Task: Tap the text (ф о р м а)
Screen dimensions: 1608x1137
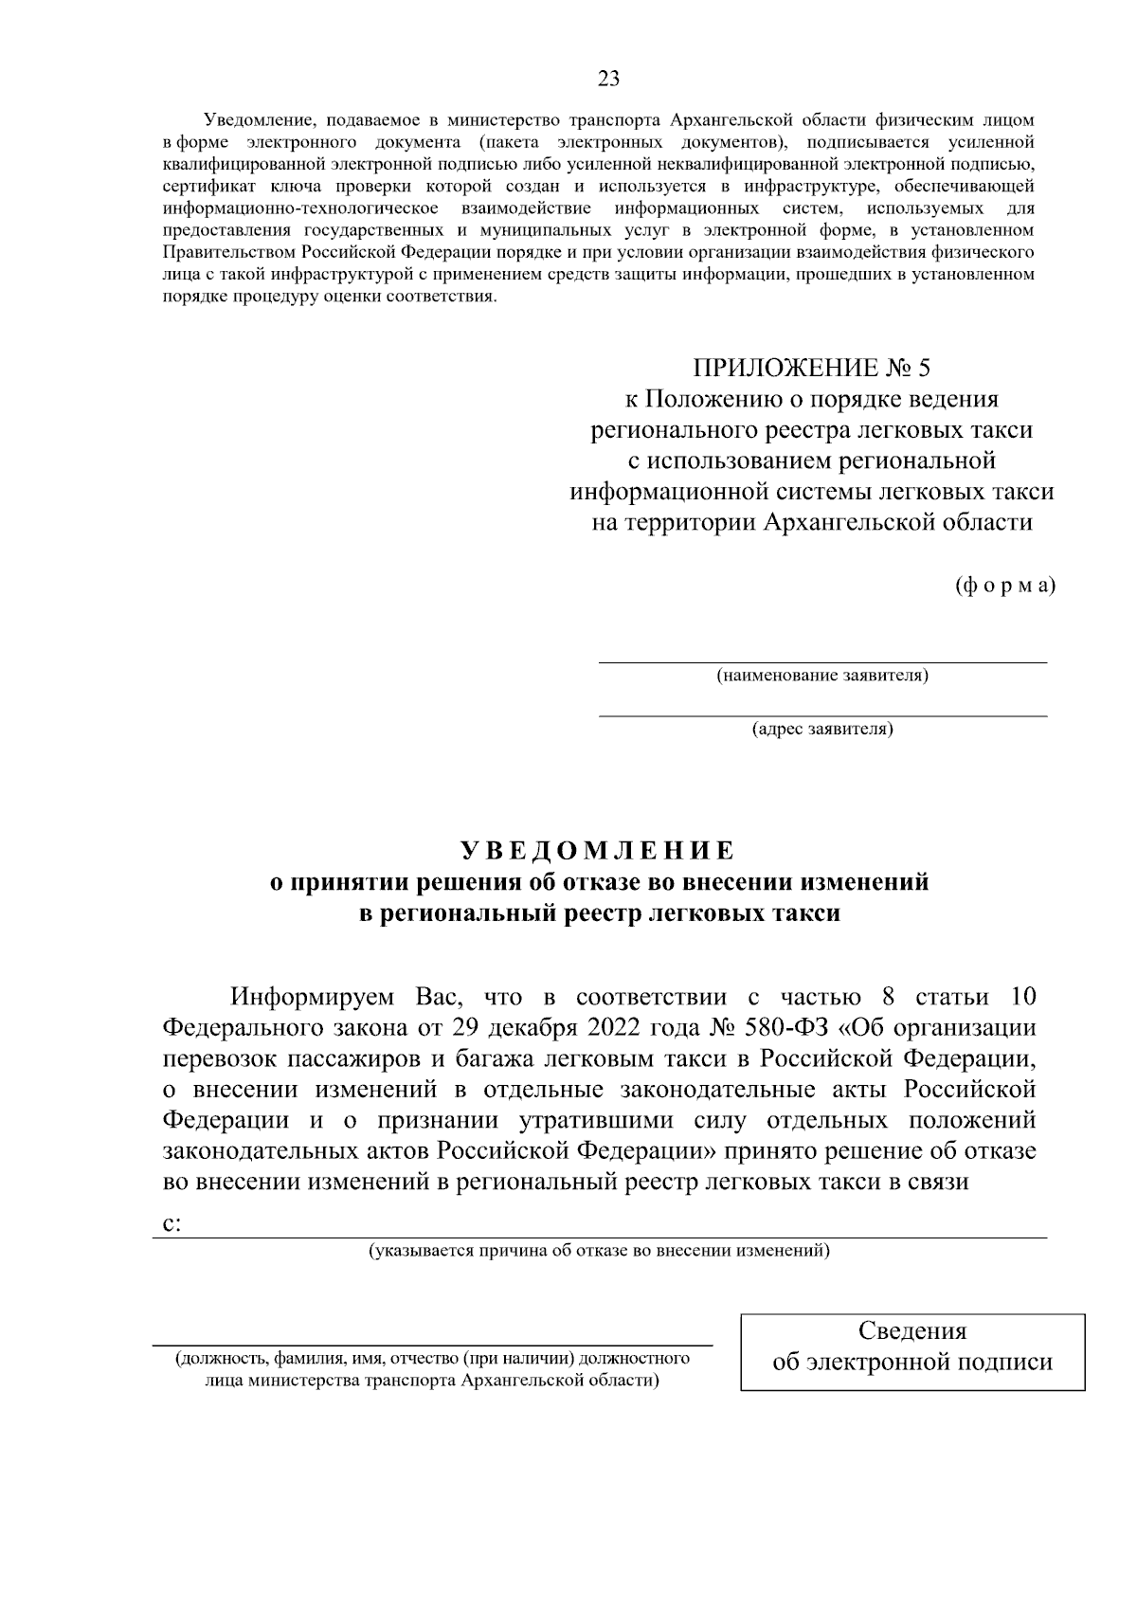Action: [x=1003, y=585]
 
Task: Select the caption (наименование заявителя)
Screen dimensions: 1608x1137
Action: [x=821, y=676]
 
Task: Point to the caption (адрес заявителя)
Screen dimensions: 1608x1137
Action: [x=821, y=730]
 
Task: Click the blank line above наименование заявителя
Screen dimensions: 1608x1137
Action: [x=821, y=661]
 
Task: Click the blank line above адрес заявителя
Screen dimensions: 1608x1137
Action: [x=821, y=715]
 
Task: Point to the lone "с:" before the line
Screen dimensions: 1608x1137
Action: [x=171, y=1223]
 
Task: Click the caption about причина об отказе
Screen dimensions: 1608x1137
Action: [x=599, y=1251]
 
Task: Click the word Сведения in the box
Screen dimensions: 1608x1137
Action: [x=911, y=1330]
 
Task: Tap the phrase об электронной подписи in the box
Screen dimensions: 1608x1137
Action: [x=911, y=1362]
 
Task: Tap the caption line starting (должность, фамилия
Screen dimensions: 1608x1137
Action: [x=432, y=1359]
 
